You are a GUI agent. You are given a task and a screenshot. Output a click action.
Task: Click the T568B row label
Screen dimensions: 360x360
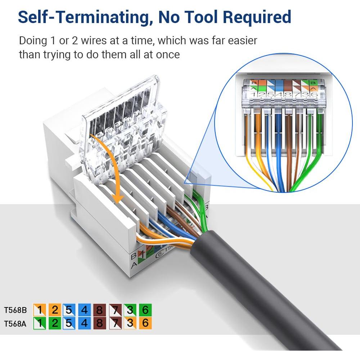click(15, 310)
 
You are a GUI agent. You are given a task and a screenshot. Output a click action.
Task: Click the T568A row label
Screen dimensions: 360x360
click(15, 323)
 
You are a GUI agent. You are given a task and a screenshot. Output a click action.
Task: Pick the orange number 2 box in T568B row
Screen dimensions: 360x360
click(55, 310)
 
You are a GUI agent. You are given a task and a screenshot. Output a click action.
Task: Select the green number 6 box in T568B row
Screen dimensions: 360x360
click(145, 310)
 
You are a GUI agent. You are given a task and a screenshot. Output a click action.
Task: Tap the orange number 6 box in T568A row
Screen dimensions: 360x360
click(145, 323)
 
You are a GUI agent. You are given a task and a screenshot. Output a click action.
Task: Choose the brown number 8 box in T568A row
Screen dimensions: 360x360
click(100, 323)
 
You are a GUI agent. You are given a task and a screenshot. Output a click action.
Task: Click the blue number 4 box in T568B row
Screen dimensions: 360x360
click(85, 310)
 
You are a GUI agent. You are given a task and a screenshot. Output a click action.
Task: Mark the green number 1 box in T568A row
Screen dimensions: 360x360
click(40, 323)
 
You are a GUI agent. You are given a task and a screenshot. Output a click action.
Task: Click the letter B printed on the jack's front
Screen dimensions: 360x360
click(134, 256)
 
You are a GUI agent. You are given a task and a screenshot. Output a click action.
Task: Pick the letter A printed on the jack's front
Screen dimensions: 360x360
click(134, 266)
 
